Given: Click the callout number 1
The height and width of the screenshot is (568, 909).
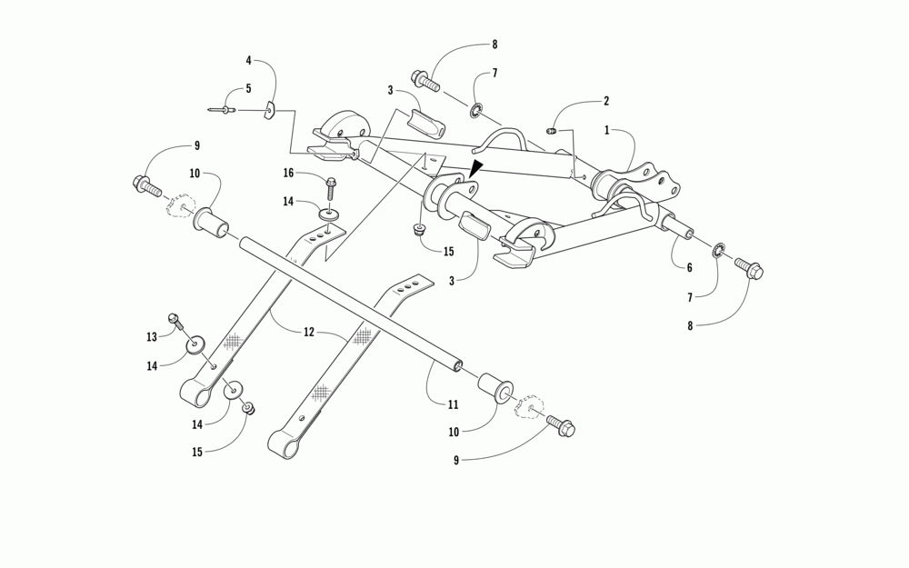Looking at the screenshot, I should coord(607,130).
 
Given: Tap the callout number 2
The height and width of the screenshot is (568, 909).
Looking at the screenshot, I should coord(606,101).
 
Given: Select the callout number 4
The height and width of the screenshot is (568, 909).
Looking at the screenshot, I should coord(248,61).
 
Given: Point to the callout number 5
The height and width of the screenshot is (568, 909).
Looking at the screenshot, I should coord(248,90).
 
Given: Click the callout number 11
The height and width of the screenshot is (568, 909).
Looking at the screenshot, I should coord(453,404).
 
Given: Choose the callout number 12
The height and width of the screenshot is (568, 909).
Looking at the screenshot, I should coord(309,333).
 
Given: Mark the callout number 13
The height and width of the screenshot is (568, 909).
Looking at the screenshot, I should coord(152,337).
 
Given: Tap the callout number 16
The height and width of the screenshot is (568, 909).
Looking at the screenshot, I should coord(288,172).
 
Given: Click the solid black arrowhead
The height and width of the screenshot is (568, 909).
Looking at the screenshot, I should coord(476,168).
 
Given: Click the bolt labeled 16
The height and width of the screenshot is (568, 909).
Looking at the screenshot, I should coord(331,187).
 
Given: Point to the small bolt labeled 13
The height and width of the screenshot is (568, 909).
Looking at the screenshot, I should coord(175,320).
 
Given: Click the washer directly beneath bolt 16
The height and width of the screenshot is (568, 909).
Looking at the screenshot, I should coord(330,214).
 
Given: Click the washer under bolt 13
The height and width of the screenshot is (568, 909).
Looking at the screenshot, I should coord(195,345).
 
